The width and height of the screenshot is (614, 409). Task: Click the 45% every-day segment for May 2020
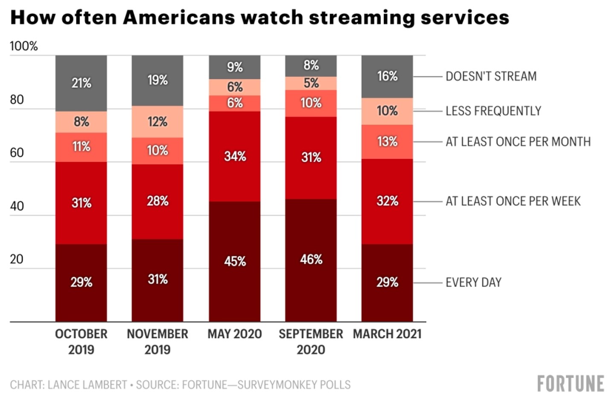click(235, 261)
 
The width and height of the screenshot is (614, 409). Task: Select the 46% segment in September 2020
click(311, 259)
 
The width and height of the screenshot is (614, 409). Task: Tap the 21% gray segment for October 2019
click(81, 83)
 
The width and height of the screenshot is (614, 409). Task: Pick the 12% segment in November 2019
click(157, 122)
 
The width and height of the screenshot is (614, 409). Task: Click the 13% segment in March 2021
click(387, 142)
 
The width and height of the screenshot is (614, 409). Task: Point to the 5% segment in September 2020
click(311, 83)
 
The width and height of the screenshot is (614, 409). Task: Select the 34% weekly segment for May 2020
click(235, 156)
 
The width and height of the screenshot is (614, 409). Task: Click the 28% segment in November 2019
click(157, 201)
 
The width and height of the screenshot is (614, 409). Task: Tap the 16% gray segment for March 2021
click(387, 76)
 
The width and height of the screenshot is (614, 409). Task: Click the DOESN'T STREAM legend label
click(491, 76)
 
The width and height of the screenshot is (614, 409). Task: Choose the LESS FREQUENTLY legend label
click(493, 111)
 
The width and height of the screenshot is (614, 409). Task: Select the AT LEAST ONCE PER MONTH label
click(518, 142)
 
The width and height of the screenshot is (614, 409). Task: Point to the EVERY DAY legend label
click(473, 282)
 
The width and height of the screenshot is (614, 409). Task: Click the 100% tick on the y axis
click(24, 46)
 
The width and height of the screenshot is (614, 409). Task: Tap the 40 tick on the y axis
click(17, 206)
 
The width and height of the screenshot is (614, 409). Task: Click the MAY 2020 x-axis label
click(235, 334)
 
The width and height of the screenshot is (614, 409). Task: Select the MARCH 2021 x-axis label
click(387, 334)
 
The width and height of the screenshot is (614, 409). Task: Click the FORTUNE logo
click(570, 383)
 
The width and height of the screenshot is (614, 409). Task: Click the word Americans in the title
click(179, 17)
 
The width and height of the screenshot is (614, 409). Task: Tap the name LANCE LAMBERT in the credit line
click(87, 385)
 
